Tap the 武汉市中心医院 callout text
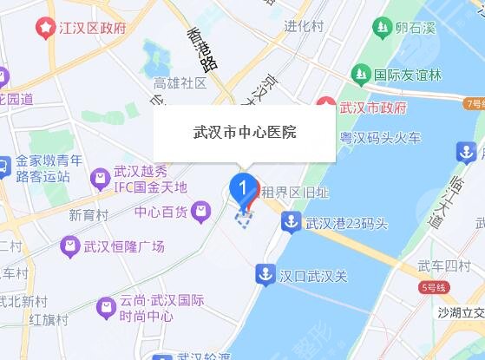pyautogui.click(x=244, y=133)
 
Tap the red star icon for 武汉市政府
pyautogui.click(x=326, y=108)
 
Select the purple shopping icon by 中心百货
pyautogui.click(x=202, y=210)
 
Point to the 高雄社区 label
pyautogui.click(x=180, y=83)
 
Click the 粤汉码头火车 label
pyautogui.click(x=380, y=136)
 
